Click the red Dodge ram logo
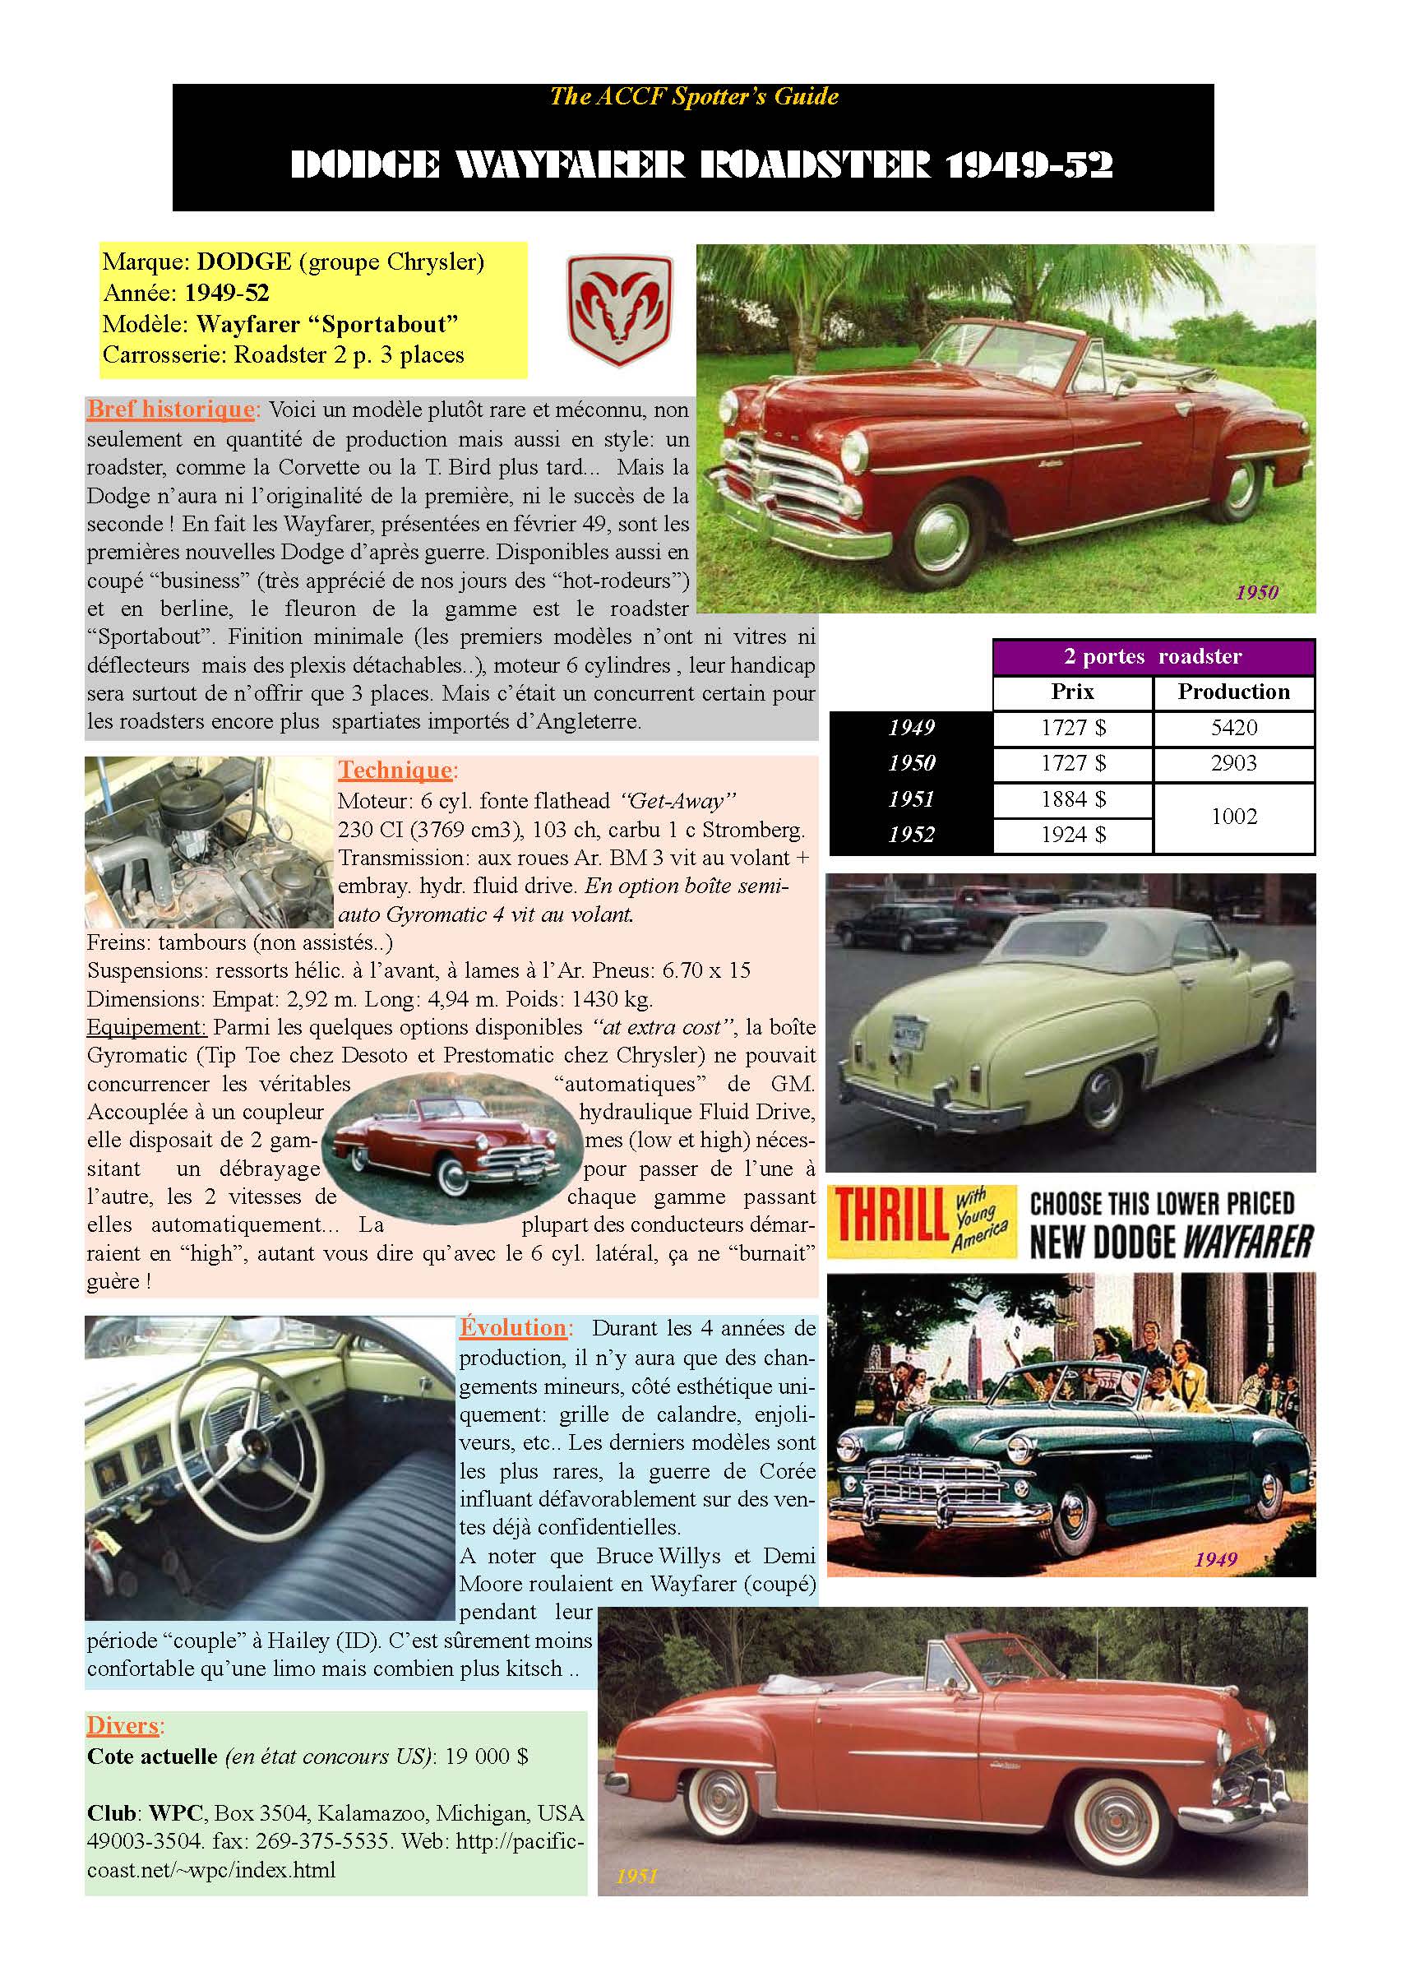[619, 310]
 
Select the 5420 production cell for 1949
[1232, 727]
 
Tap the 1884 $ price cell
[1072, 799]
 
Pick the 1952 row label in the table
[911, 835]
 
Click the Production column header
[1232, 692]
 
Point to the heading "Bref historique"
[171, 409]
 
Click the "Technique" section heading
[395, 770]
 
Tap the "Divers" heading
[123, 1724]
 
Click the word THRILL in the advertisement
[889, 1218]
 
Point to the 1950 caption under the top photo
[1256, 593]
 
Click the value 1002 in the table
[1232, 817]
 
